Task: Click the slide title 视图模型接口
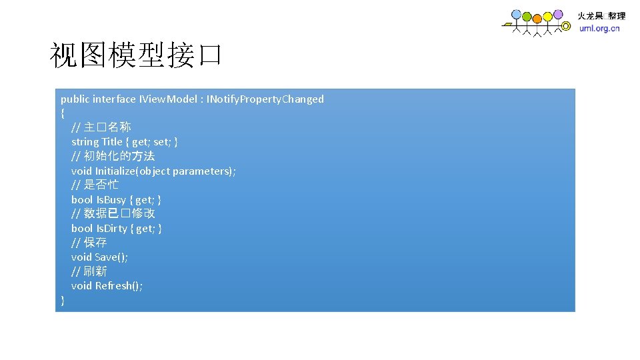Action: click(135, 55)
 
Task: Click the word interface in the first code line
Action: click(113, 99)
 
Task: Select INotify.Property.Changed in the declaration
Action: click(265, 99)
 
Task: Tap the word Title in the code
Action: click(112, 142)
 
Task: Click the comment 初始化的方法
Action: click(119, 156)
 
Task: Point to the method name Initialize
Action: click(116, 171)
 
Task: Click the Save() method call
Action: click(111, 257)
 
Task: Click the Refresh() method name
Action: click(117, 286)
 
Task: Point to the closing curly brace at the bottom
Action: click(63, 300)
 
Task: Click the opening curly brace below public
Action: click(63, 113)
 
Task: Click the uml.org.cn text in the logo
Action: click(599, 29)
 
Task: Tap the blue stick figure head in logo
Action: click(516, 14)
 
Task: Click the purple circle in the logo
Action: click(558, 14)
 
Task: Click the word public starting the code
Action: click(75, 99)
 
